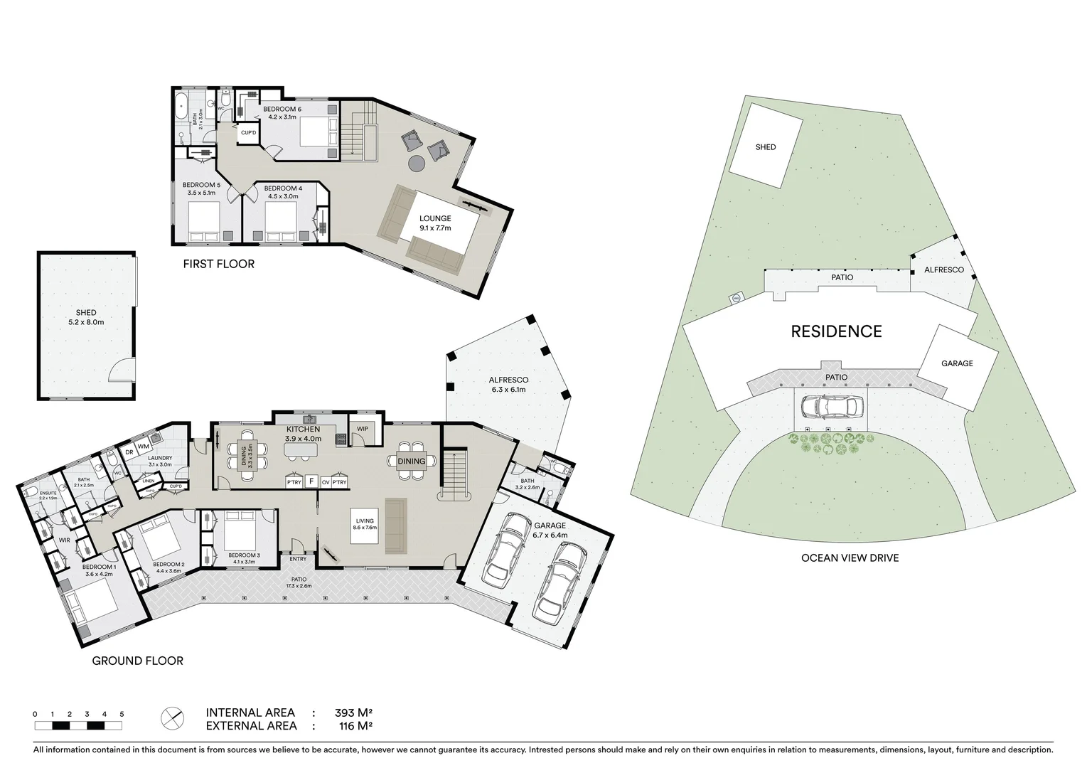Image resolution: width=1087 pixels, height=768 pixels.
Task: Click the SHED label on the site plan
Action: (x=766, y=147)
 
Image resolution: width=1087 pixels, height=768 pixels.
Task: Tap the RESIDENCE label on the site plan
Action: (x=836, y=331)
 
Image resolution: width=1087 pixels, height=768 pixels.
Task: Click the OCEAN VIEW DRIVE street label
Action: (x=850, y=558)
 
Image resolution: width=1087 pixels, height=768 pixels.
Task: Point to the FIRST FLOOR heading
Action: (x=218, y=265)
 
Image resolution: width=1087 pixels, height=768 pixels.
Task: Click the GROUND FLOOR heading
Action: (x=137, y=661)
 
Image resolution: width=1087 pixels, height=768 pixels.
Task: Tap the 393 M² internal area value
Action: (x=354, y=713)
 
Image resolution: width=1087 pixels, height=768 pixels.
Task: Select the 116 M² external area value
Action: (x=354, y=726)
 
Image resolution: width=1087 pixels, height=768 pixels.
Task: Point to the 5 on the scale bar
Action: (x=122, y=714)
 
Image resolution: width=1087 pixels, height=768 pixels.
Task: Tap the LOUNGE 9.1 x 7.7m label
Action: (x=435, y=223)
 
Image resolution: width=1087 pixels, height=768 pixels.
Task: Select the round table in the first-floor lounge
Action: (x=417, y=164)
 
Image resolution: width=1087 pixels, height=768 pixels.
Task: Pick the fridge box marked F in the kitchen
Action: (x=311, y=481)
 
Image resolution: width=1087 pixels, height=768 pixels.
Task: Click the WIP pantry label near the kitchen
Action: (x=363, y=429)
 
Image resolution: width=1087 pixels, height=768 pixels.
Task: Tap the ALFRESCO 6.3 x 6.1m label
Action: (x=508, y=384)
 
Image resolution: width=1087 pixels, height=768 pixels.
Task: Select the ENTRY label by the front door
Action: (x=298, y=559)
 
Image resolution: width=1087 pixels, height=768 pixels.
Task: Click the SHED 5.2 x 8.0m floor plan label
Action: (x=85, y=317)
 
